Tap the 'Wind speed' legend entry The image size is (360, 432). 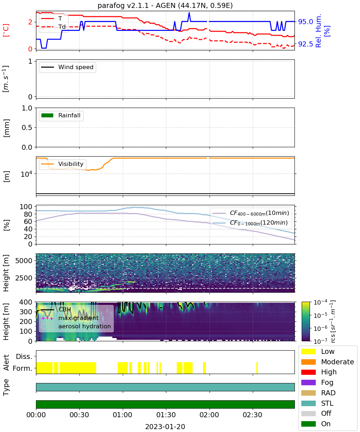[x=67, y=67]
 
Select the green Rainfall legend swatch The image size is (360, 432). [x=47, y=115]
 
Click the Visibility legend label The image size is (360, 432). [x=71, y=164]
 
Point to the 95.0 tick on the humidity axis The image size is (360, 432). [x=305, y=22]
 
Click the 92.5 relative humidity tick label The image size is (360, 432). [x=305, y=44]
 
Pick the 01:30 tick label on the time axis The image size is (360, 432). [x=166, y=415]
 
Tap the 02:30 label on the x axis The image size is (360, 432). [x=252, y=415]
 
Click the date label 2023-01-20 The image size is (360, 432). [x=165, y=426]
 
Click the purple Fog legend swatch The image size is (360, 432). [x=308, y=382]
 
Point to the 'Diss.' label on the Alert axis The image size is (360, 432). [x=24, y=356]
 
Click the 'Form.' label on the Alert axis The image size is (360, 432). [x=23, y=369]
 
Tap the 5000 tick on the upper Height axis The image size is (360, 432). [x=24, y=261]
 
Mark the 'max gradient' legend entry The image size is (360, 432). [x=70, y=318]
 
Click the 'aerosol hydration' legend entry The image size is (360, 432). [x=76, y=326]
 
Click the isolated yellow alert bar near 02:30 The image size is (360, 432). [x=257, y=368]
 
